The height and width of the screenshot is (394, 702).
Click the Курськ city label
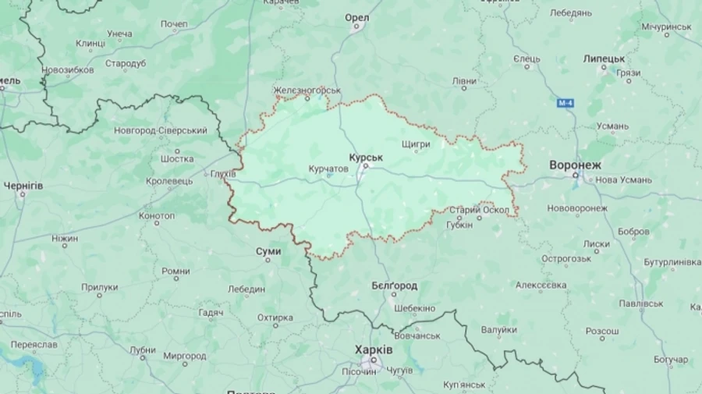tap(366, 158)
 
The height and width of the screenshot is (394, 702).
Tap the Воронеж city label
tap(576, 165)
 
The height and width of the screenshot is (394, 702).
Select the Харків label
tap(374, 350)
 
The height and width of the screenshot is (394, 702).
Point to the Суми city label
tap(268, 251)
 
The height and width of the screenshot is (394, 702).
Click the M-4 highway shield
tap(565, 103)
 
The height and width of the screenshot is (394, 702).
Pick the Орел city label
tap(356, 18)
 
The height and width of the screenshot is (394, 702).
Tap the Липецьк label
tap(604, 59)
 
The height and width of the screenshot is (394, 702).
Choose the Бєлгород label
tap(394, 286)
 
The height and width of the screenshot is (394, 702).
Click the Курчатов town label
tap(328, 169)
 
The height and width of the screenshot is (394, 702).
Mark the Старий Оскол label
tap(480, 210)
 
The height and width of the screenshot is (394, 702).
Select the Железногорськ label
tap(307, 90)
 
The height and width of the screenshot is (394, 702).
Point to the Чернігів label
tap(23, 186)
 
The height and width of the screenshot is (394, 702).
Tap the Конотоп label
tap(157, 215)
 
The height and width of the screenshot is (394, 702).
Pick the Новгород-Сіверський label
tap(161, 130)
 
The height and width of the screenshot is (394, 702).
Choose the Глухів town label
tap(223, 174)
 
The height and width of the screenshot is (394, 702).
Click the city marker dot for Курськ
tap(363, 165)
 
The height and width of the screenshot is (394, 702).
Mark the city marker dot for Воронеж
tap(576, 176)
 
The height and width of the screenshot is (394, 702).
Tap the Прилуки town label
tap(100, 287)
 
